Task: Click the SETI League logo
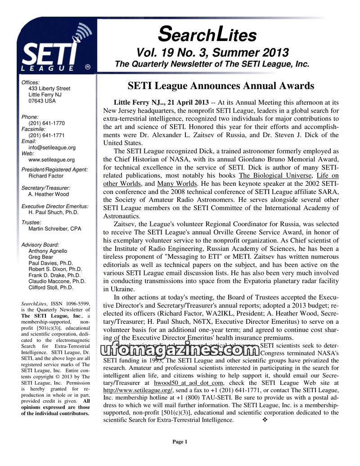54,48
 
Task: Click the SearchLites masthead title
207,34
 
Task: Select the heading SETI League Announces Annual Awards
220,85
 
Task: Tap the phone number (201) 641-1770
46,123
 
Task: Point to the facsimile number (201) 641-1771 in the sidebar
46,135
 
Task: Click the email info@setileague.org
52,147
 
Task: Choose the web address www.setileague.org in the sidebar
51,159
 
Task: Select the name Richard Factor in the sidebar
46,176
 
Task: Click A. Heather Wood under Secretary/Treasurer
49,194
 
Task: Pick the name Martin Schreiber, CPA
55,229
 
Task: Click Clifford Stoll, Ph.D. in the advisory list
50,287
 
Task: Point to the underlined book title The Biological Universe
275,175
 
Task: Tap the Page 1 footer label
180,442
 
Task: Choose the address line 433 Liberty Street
49,89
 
